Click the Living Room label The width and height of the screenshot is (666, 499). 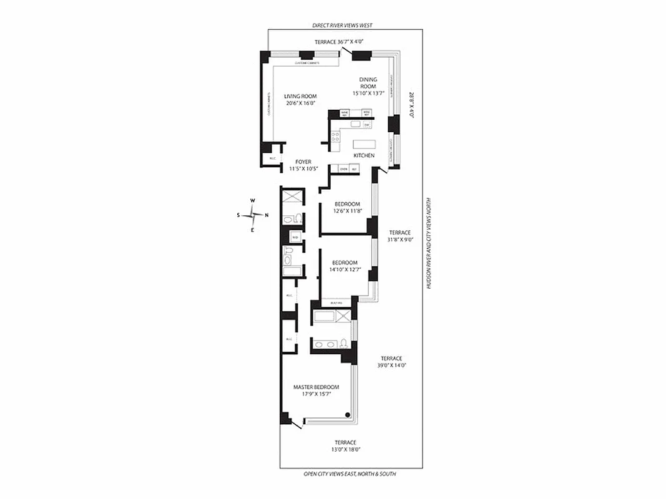pos(300,96)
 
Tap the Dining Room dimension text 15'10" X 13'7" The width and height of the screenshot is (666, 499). pos(368,93)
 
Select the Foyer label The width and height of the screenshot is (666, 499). pos(303,162)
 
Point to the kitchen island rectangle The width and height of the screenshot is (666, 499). pos(363,144)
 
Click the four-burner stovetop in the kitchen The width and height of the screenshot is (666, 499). pos(335,137)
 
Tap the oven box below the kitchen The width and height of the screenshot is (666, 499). pos(343,169)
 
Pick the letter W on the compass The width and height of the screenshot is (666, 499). pos(253,200)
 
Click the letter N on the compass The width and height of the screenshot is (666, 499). pos(267,215)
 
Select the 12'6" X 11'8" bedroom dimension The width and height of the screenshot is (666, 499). pos(347,211)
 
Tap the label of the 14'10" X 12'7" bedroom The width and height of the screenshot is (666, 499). pos(345,262)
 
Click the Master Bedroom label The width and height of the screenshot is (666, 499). pos(316,387)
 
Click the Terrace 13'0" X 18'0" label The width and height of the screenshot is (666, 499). pos(345,442)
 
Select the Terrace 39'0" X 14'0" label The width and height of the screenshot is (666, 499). pos(391,358)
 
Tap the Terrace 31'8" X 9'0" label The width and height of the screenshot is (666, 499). pos(399,232)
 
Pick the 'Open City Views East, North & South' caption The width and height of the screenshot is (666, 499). pos(350,474)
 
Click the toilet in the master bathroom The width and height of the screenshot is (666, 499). pos(343,343)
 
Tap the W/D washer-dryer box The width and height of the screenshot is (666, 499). pos(295,237)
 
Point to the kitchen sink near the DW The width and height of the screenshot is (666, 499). pos(356,124)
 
